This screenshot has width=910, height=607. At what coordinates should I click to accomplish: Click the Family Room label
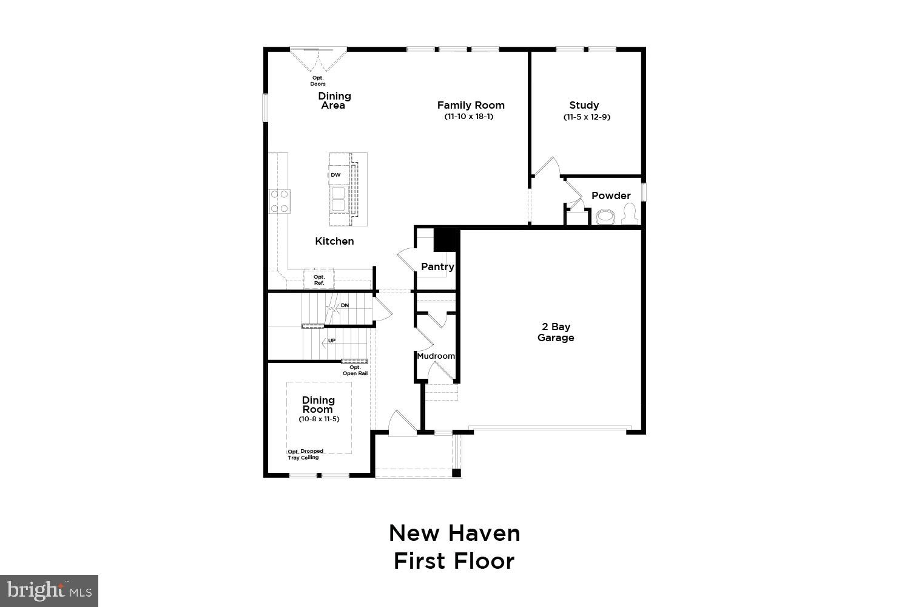pos(471,105)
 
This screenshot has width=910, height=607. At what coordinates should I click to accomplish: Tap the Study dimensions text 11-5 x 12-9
pos(586,117)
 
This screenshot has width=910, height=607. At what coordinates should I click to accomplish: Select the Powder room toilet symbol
pos(630,214)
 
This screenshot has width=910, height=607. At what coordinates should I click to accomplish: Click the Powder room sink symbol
pos(605,217)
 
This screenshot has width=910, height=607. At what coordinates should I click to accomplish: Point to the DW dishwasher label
pos(335,175)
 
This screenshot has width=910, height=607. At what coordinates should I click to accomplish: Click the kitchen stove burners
pos(280,201)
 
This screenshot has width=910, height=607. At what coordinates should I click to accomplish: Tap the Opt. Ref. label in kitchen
pos(319,280)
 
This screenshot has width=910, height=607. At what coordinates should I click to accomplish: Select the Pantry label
pos(437,266)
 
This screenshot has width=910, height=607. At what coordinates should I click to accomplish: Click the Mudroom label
pos(436,356)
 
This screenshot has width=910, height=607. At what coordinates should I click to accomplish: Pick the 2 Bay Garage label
pos(555,332)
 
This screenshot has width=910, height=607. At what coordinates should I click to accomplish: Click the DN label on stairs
pos(345,305)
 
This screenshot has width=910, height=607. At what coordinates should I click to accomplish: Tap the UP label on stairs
pos(332,341)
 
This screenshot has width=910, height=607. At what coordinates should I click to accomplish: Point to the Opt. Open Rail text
pos(355,370)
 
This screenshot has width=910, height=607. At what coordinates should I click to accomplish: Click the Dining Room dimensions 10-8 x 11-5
pos(318,419)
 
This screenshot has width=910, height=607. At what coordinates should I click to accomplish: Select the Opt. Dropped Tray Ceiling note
pos(305,454)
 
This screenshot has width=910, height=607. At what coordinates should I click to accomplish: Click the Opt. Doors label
pos(318,81)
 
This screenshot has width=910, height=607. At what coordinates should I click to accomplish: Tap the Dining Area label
pos(334,101)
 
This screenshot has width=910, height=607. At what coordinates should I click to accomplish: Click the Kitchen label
pos(334,241)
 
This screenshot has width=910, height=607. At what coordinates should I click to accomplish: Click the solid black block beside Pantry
pos(447,239)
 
